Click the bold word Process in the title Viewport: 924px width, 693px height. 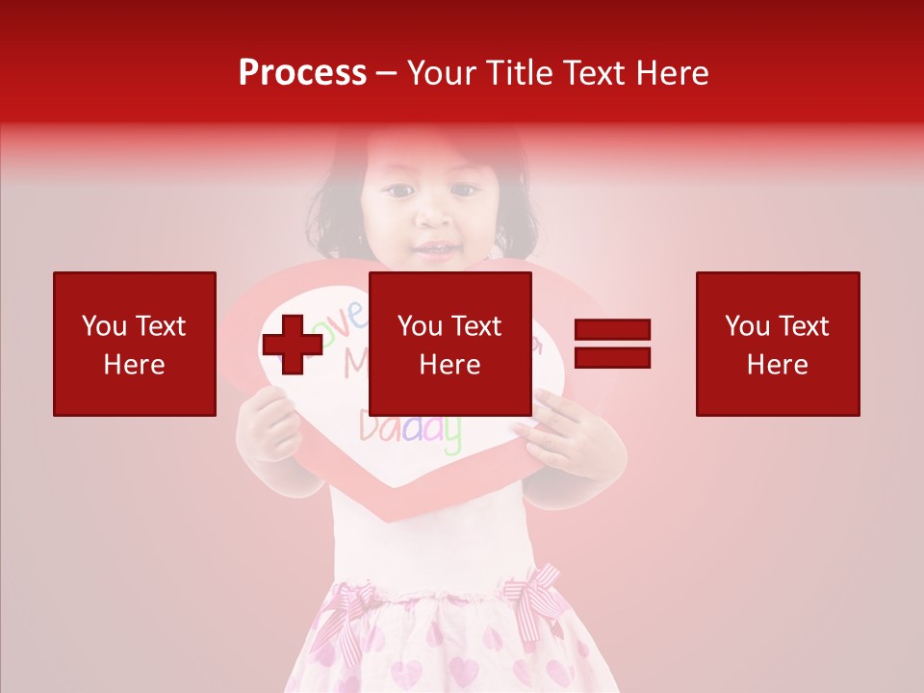click(x=302, y=73)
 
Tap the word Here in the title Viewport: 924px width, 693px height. click(x=671, y=73)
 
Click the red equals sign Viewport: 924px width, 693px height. click(x=612, y=344)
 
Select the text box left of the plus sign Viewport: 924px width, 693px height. click(x=135, y=344)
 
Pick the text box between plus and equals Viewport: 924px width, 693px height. click(x=450, y=344)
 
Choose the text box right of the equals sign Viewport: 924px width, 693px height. click(x=778, y=344)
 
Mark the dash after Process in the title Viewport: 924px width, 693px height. click(x=387, y=73)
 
